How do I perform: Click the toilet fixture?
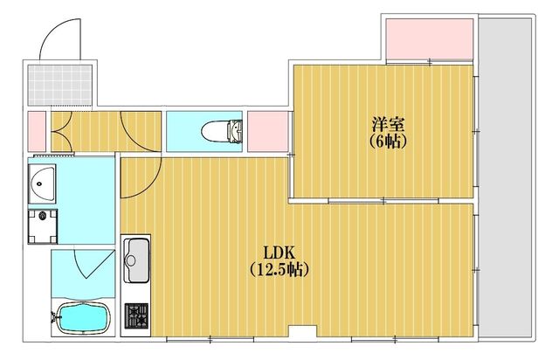[222, 131]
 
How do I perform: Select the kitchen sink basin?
[136, 260]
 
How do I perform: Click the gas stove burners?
[136, 315]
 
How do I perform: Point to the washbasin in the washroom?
[42, 183]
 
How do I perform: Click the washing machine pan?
[43, 226]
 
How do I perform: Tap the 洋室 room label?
[388, 125]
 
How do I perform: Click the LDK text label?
[279, 253]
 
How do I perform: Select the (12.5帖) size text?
[279, 269]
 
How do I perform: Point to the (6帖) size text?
[388, 142]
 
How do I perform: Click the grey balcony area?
[505, 177]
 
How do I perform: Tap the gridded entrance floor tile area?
[60, 85]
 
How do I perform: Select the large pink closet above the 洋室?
[430, 39]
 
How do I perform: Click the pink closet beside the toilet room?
[268, 131]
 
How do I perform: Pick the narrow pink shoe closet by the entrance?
[37, 131]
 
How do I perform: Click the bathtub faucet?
[54, 317]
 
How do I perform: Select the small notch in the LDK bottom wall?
[303, 331]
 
